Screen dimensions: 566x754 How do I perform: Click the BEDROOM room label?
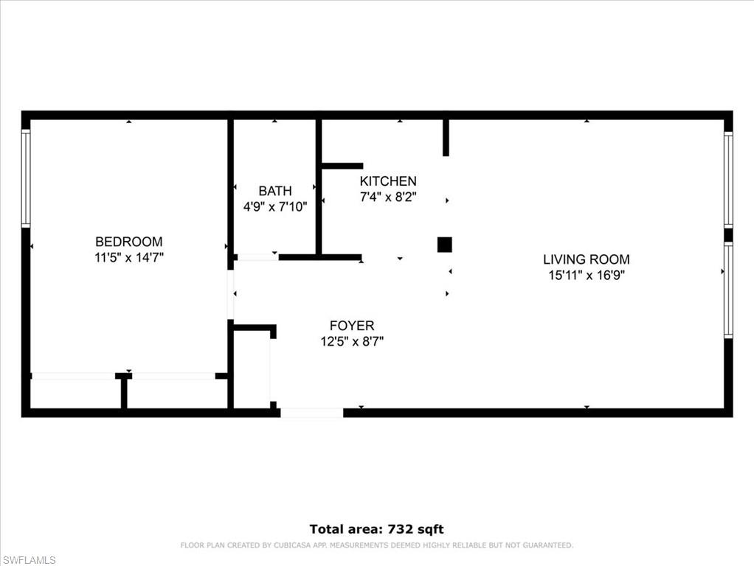point(128,242)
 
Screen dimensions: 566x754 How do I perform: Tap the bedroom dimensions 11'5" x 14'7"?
point(128,258)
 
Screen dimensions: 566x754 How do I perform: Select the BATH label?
point(274,191)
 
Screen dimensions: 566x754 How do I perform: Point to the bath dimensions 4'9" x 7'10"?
point(274,207)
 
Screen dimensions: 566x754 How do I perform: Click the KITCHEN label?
point(388,181)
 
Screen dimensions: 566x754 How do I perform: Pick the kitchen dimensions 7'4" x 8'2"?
point(388,197)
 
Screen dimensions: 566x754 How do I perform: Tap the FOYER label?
point(352,326)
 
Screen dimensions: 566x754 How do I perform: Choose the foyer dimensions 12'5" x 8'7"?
point(352,341)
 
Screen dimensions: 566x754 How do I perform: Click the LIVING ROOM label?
point(587,259)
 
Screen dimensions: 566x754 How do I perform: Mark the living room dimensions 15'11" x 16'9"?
point(587,276)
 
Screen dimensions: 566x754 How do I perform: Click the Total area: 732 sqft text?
point(376,529)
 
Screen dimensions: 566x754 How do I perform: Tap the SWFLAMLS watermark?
point(29,560)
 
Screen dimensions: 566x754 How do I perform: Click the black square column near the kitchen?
point(444,245)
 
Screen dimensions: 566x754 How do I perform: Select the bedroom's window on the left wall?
point(26,178)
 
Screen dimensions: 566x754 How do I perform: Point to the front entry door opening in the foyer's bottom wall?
point(311,413)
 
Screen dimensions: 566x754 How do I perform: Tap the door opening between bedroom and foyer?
point(231,295)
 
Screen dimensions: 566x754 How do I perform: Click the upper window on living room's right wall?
point(728,181)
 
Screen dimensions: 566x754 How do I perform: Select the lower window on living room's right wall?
point(728,290)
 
